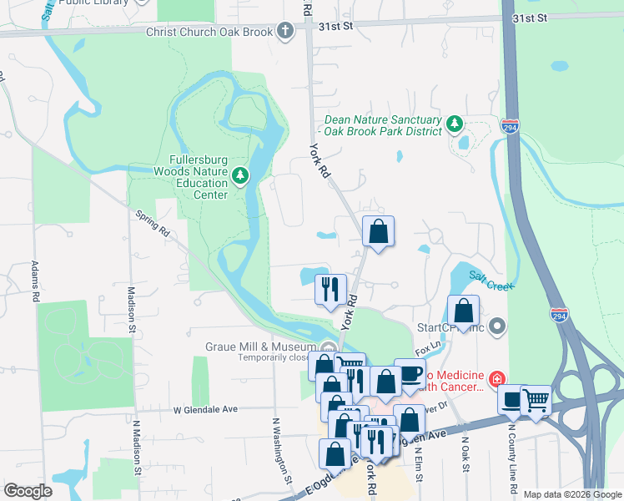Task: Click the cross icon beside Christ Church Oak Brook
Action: coord(285,32)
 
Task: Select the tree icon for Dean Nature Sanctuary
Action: coord(455,124)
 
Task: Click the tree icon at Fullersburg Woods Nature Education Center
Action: coord(240,175)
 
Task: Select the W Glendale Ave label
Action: coord(206,410)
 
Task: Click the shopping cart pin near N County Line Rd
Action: coord(535,401)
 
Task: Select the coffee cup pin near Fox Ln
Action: coord(409,372)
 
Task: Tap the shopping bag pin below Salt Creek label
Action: coord(464,311)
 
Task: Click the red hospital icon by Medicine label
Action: coord(497,379)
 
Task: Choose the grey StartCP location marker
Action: coord(498,326)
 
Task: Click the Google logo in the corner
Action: coord(28,491)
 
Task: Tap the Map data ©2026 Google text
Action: coord(572,494)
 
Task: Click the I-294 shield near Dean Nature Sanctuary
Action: coord(511,126)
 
